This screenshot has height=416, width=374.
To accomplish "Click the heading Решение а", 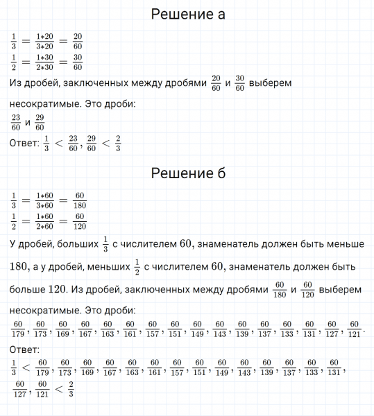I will coord(187,15).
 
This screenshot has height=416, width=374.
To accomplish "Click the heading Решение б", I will coord(187,173).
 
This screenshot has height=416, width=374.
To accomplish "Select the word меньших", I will coord(107,266).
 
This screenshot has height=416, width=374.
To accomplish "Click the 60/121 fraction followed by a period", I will coord(353,327).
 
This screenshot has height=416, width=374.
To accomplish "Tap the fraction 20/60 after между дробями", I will coord(215,84).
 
